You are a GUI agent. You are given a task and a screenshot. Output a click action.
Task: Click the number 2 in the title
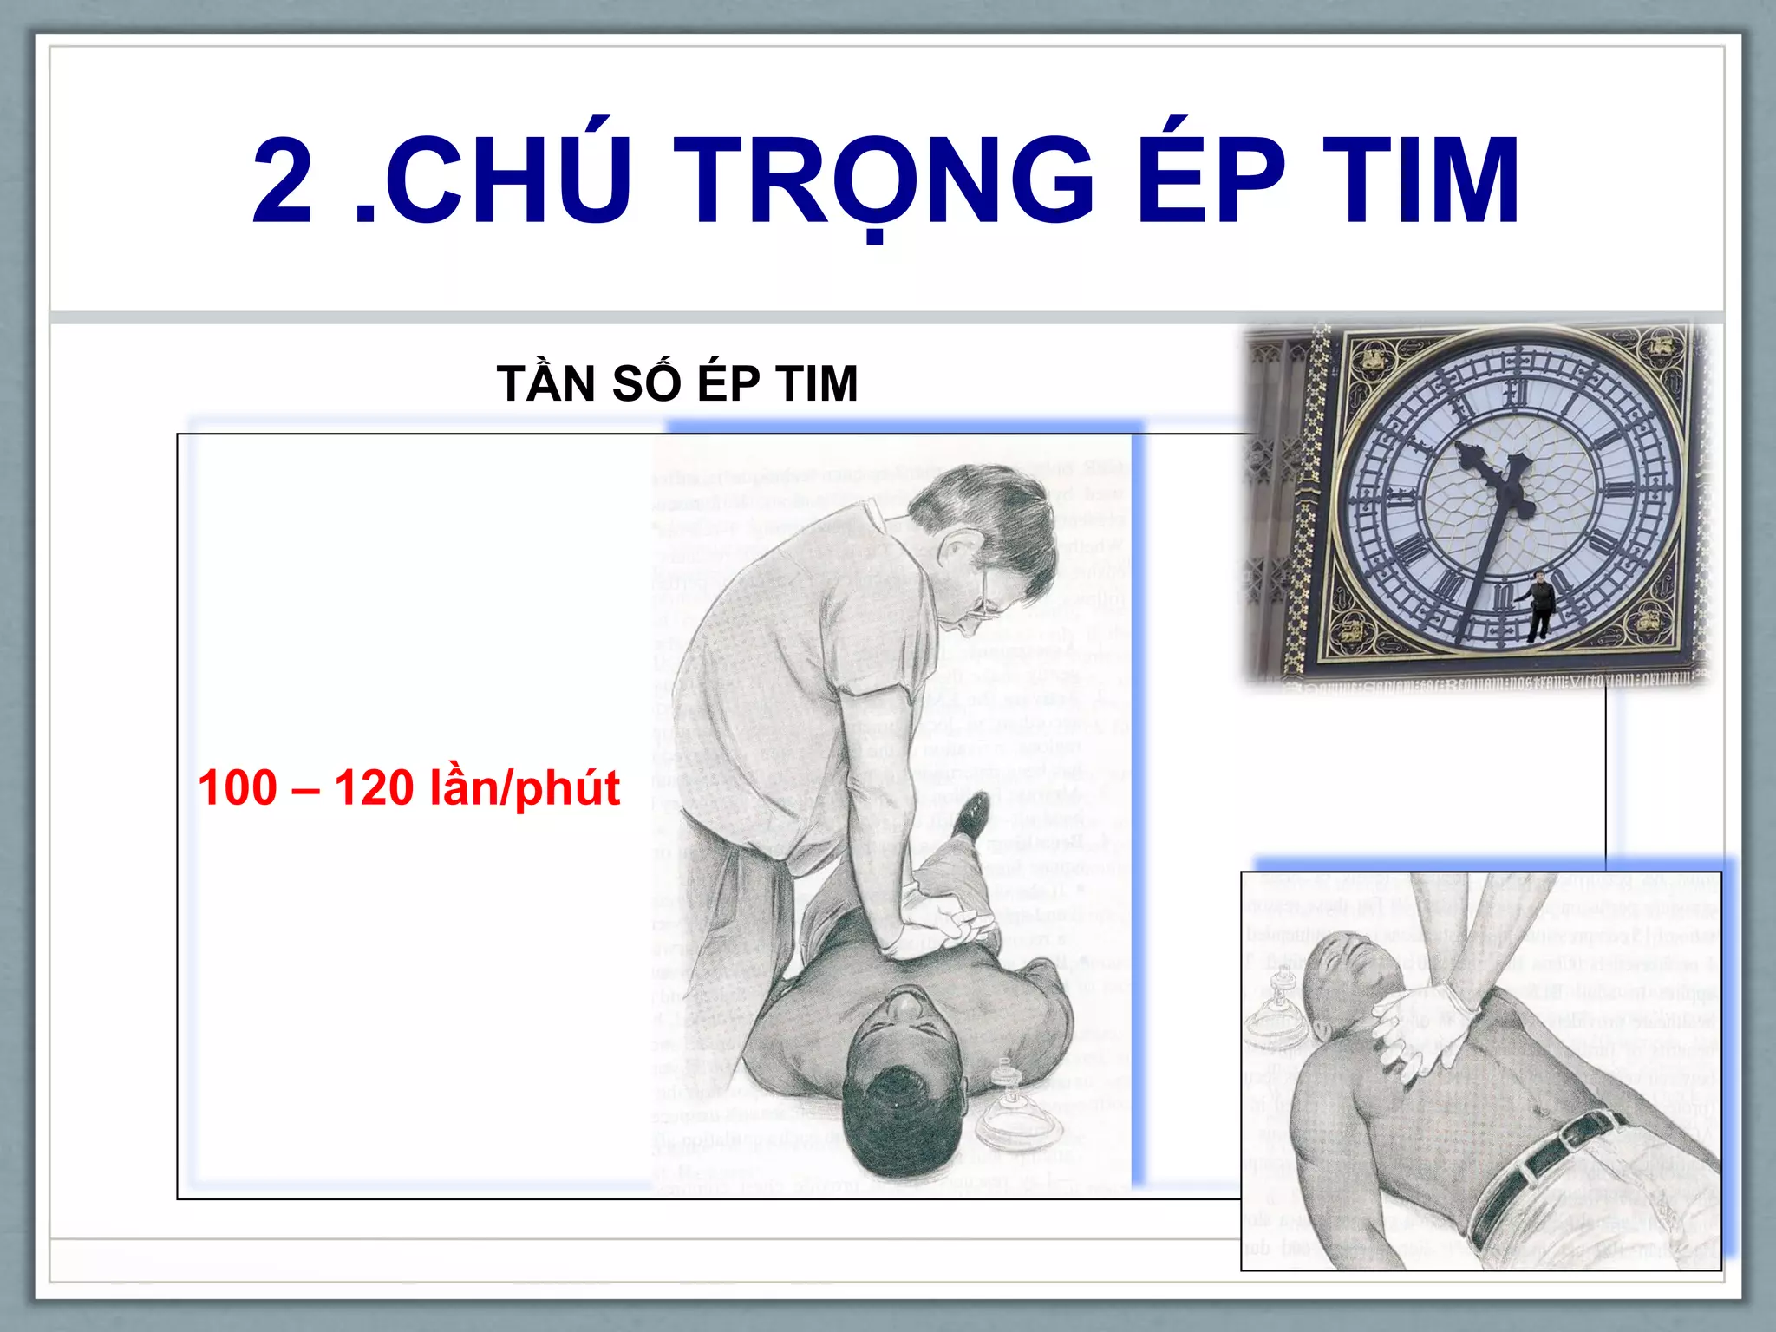pyautogui.click(x=283, y=181)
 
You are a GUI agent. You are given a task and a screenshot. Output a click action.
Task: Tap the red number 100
pyautogui.click(x=238, y=787)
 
